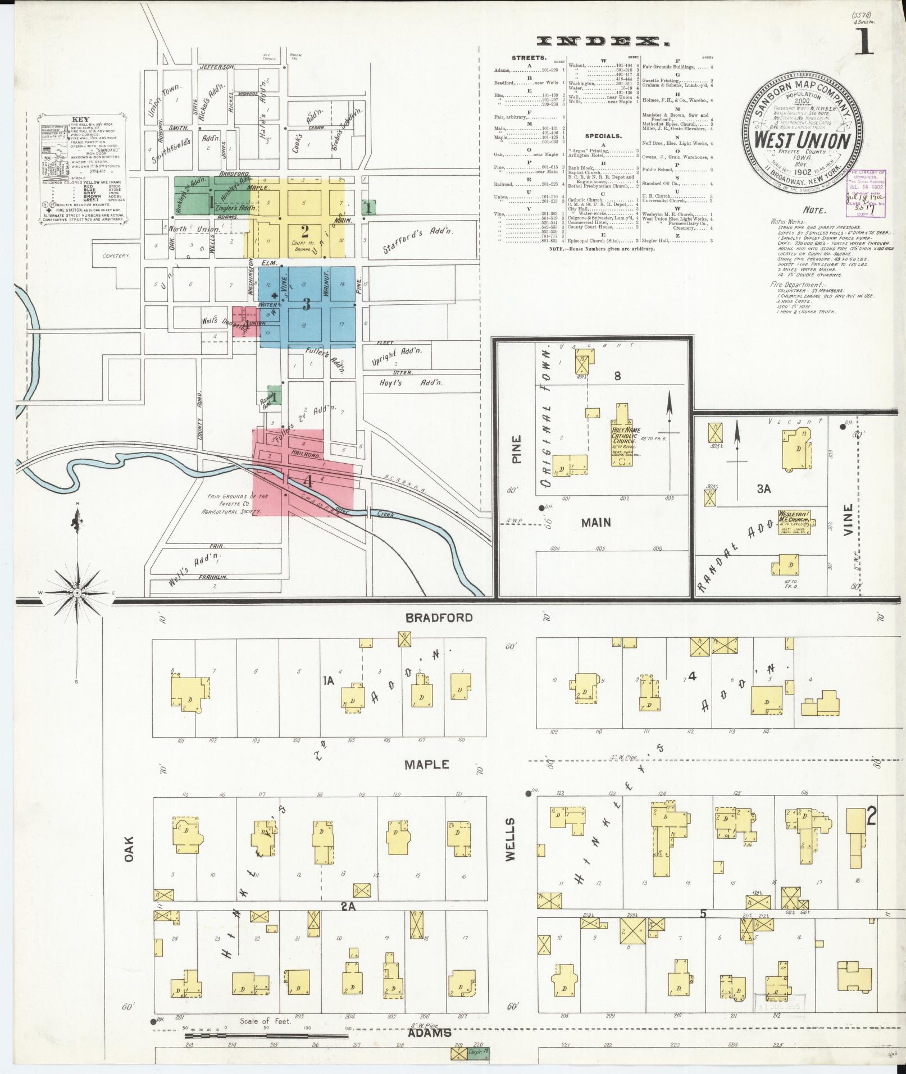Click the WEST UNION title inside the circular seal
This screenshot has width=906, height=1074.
pos(801,139)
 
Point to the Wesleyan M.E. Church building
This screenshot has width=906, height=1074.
pos(793,517)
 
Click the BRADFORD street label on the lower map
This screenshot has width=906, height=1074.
pos(440,618)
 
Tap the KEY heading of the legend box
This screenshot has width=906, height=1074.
pos(80,120)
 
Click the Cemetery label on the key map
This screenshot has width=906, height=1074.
pos(116,255)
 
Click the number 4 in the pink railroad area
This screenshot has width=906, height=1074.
pos(307,481)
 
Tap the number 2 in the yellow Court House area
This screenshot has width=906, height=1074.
pos(304,230)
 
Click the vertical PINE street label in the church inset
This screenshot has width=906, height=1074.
pos(516,449)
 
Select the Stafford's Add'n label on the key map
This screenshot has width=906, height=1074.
pos(418,240)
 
